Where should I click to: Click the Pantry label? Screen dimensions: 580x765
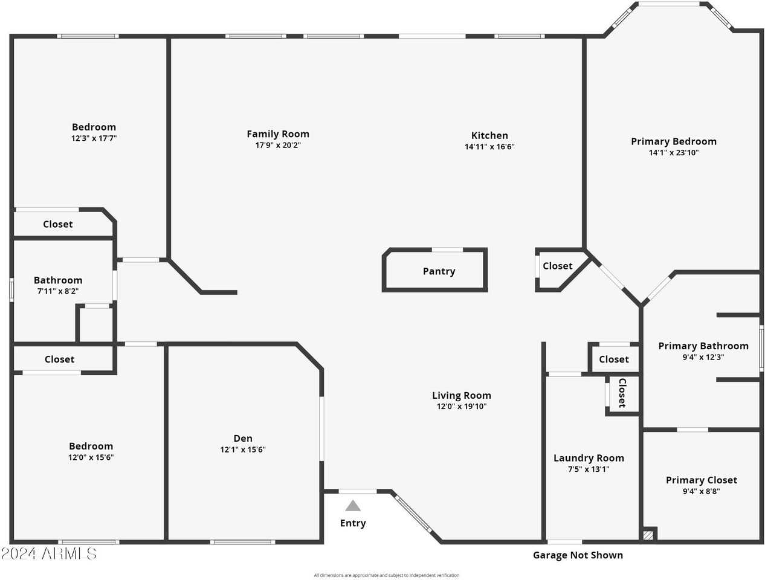[439, 271]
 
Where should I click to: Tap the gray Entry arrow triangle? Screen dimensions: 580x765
[353, 506]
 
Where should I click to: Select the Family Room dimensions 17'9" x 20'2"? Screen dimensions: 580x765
[278, 146]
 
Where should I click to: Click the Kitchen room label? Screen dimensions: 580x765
[489, 135]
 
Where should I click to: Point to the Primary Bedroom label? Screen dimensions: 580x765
[673, 141]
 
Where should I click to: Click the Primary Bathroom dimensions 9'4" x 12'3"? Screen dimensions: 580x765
[703, 357]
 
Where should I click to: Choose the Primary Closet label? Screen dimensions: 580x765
[701, 480]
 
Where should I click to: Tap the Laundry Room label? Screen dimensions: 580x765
[589, 458]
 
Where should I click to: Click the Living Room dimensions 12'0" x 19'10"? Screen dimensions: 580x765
[462, 407]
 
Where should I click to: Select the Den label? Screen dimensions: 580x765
[243, 439]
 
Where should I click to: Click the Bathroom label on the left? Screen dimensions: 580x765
[58, 280]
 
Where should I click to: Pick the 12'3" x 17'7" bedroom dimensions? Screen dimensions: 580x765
[94, 138]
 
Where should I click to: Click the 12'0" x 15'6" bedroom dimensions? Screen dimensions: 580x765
[91, 457]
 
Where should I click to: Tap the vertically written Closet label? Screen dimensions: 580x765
[622, 393]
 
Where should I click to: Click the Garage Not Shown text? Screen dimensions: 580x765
[578, 555]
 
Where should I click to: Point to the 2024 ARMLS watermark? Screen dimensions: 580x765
[49, 553]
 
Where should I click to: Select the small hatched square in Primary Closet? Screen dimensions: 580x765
[648, 535]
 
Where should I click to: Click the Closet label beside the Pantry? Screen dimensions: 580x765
[557, 266]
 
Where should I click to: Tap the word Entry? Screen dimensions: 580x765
[353, 523]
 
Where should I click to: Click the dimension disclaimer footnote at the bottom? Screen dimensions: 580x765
[386, 575]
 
